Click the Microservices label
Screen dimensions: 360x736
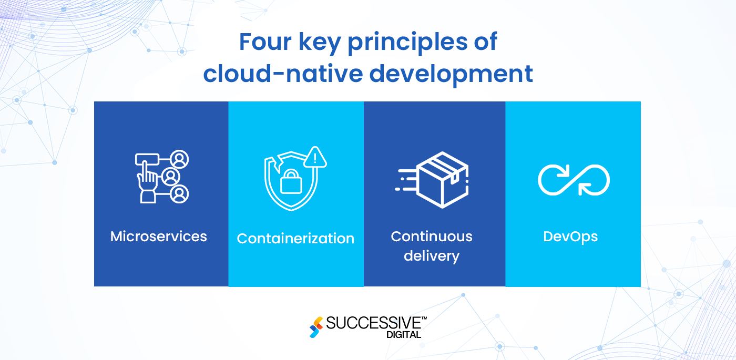point(159,236)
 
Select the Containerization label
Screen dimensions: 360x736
point(295,239)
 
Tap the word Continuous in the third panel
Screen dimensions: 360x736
point(432,236)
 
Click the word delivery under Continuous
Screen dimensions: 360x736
point(432,256)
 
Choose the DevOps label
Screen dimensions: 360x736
point(570,236)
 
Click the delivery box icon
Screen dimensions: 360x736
point(442,179)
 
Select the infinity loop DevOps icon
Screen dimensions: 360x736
point(574,180)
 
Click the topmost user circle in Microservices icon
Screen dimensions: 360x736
point(180,159)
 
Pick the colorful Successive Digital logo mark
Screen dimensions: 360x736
point(316,327)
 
